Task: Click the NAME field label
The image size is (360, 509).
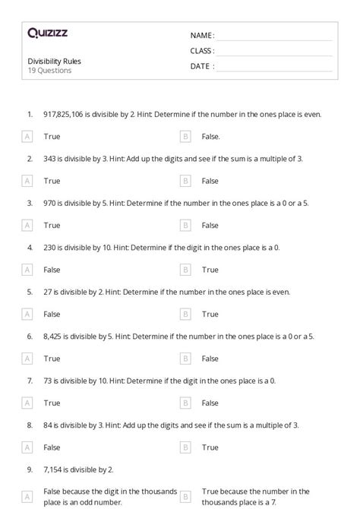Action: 202,36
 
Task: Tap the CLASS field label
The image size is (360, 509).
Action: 202,51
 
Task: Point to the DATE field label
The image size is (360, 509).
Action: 202,66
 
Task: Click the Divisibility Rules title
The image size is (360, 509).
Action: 54,62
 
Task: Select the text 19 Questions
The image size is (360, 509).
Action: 49,71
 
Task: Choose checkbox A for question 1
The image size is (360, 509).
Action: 27,137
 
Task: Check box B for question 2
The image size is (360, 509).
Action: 185,181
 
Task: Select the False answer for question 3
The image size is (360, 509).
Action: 210,226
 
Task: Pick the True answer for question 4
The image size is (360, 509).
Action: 210,270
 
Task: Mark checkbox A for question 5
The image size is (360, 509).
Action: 27,314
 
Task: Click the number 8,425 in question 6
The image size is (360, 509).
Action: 54,336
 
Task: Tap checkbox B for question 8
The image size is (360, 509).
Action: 185,447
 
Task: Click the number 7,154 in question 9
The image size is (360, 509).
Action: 54,469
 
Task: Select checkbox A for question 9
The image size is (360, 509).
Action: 27,496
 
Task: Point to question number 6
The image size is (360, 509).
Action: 30,336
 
